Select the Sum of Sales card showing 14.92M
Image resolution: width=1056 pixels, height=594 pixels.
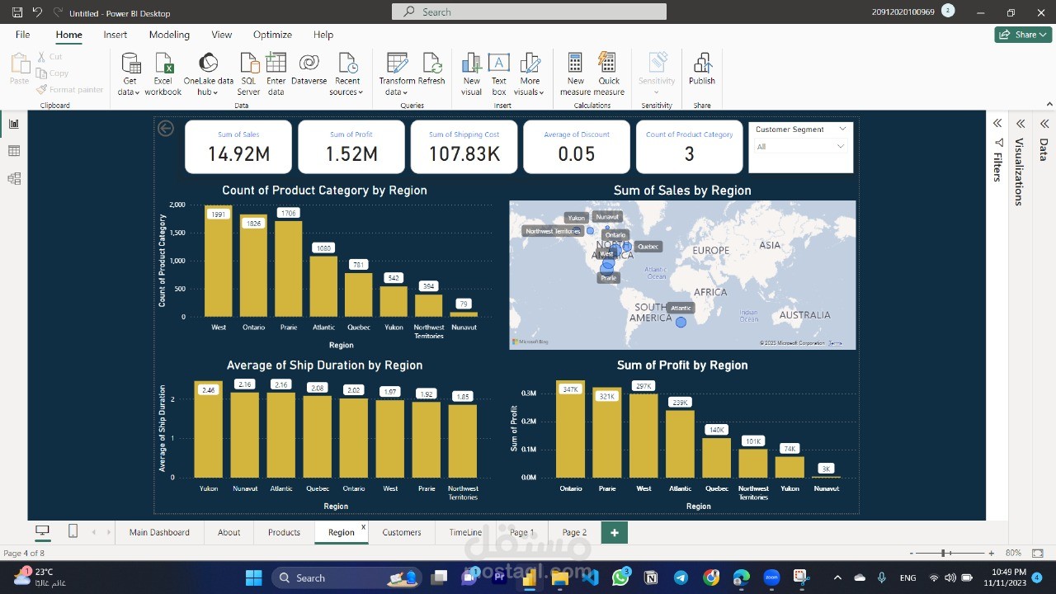[x=238, y=147]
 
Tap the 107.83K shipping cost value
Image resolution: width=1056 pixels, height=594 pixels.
[x=464, y=154]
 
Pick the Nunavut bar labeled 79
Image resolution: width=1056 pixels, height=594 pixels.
[x=464, y=314]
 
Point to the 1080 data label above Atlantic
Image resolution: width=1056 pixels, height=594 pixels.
[x=323, y=248]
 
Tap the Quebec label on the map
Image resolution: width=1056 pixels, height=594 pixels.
[x=648, y=247]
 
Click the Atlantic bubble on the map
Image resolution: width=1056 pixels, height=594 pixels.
[x=681, y=323]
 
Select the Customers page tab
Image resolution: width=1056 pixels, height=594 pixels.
[x=402, y=533]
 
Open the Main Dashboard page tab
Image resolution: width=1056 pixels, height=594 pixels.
[x=159, y=533]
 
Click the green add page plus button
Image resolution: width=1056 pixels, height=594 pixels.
[x=614, y=533]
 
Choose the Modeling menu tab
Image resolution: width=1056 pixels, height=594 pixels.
[x=169, y=35]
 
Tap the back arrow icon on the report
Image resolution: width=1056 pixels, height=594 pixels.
[x=166, y=128]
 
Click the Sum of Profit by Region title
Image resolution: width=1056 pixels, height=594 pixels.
[x=681, y=365]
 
